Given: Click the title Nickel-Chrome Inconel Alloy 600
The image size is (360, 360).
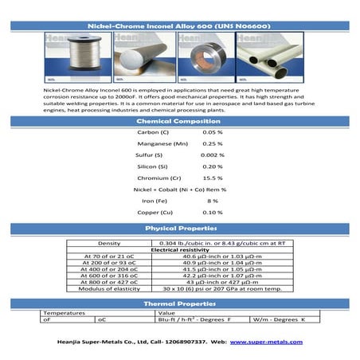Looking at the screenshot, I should (180, 25).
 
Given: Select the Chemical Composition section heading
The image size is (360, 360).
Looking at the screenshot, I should (180, 120).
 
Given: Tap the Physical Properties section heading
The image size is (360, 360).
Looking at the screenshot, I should (180, 229).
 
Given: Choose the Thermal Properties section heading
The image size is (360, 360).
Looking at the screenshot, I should (180, 303).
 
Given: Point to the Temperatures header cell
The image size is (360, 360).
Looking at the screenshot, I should (64, 313).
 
